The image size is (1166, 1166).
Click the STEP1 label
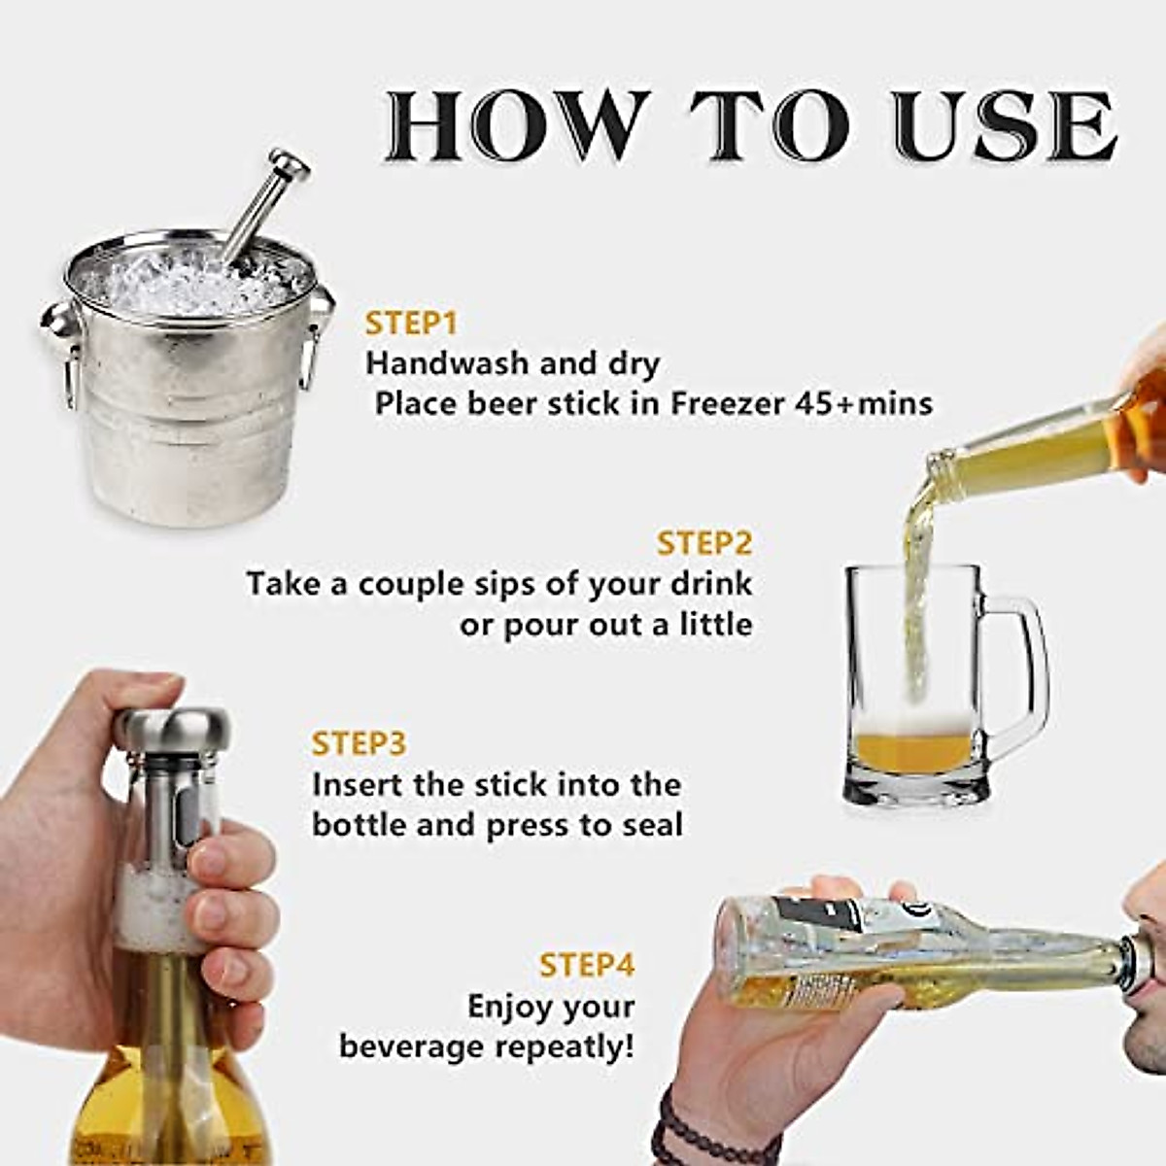[411, 325]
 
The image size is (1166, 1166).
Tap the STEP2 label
[704, 543]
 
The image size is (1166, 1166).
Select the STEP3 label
[359, 743]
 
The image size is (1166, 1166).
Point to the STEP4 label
[587, 965]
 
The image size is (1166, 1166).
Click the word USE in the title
[1007, 126]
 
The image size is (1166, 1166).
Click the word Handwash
[448, 363]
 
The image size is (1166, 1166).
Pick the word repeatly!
[566, 1046]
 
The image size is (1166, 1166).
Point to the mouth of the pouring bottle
[938, 469]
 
